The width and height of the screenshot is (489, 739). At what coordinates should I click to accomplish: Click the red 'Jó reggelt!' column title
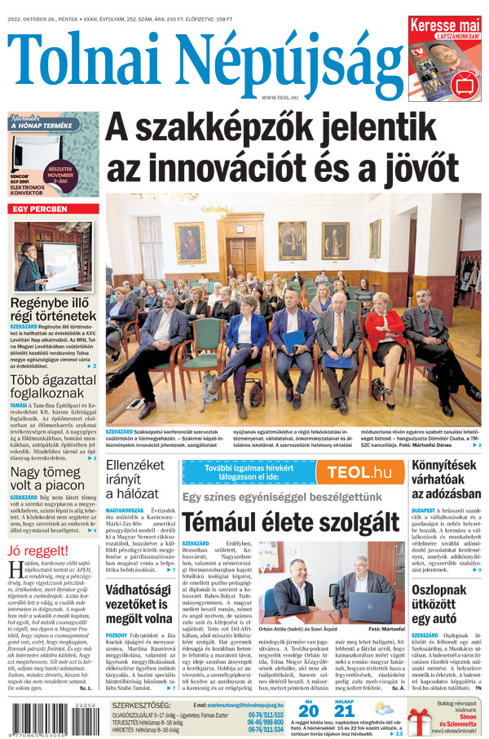pos(37,550)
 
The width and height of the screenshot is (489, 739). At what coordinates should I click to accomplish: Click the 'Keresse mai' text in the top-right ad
pos(444,25)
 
